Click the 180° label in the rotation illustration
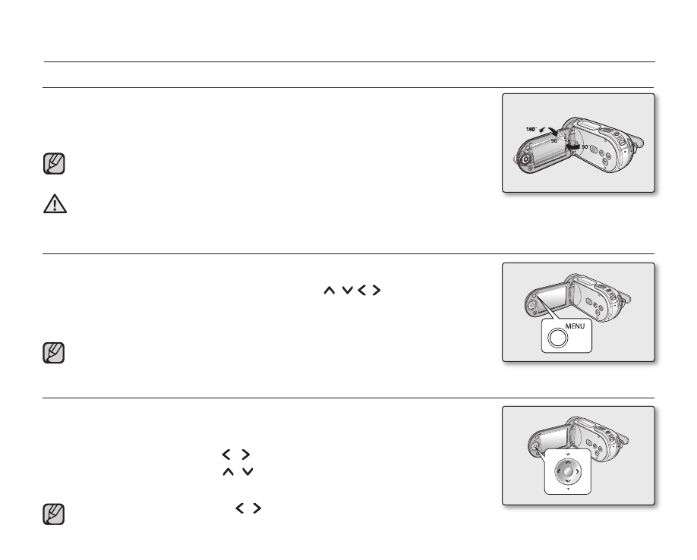tap(531, 130)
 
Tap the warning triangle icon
tap(55, 204)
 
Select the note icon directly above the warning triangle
tap(54, 163)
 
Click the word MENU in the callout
tap(575, 326)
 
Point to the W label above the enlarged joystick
tap(568, 455)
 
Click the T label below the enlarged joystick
tap(568, 489)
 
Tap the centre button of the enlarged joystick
tap(568, 472)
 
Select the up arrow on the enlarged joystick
tap(568, 463)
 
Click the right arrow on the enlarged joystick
tap(577, 472)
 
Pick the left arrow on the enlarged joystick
tap(559, 472)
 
